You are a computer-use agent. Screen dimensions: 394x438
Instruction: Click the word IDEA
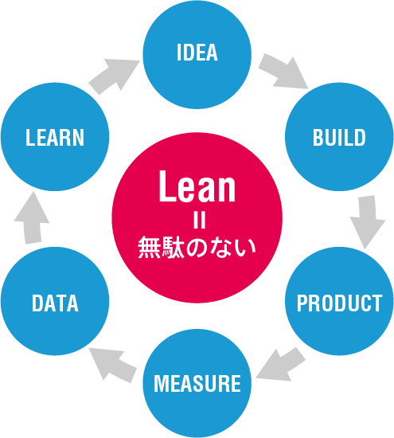point(197,53)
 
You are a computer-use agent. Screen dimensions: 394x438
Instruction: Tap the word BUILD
point(339,137)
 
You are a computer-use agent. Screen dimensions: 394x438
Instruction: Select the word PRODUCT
point(339,303)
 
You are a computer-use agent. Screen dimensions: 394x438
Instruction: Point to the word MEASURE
point(197,383)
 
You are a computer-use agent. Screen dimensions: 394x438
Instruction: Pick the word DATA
point(55,303)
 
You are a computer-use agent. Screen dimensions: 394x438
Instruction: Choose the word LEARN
point(55,137)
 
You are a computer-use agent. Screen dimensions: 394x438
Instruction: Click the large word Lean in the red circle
point(197,186)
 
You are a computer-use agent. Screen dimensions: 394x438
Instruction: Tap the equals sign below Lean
point(199,221)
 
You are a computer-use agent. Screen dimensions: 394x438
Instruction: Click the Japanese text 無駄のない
point(197,248)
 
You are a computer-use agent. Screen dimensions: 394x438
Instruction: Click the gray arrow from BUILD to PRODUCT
point(368,221)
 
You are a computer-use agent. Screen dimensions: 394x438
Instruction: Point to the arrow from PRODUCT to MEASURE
point(280,364)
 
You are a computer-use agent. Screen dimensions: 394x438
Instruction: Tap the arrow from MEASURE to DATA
point(113,365)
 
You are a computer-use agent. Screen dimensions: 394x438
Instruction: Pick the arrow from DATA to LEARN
point(32,218)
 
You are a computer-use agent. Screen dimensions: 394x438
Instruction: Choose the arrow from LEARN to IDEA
point(114,76)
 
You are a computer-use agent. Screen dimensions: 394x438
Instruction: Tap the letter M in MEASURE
point(162,383)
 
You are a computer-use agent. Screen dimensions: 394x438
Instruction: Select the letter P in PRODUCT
point(302,303)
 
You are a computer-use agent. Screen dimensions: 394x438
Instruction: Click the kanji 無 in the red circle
point(149,248)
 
